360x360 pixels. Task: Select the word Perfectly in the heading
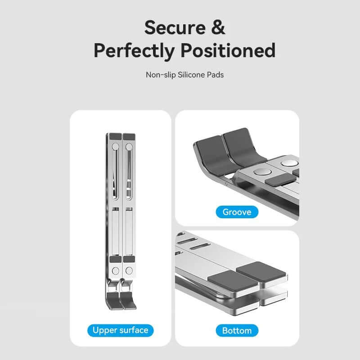[134, 50]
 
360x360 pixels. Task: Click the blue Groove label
[237, 211]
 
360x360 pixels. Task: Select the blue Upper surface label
[120, 330]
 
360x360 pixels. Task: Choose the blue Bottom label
[237, 331]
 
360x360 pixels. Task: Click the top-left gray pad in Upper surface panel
[116, 136]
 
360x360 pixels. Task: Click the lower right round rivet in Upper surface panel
[129, 271]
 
